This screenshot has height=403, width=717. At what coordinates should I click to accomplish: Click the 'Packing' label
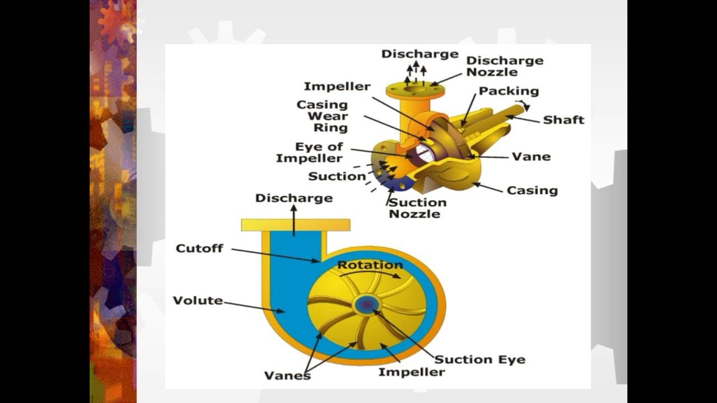pyautogui.click(x=509, y=91)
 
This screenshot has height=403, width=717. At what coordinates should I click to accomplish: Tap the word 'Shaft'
pyautogui.click(x=564, y=120)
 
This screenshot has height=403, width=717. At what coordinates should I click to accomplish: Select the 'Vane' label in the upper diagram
pyautogui.click(x=531, y=157)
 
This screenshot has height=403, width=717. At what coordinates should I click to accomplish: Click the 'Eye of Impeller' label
pyautogui.click(x=317, y=153)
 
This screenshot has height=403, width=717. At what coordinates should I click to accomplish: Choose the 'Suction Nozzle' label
pyautogui.click(x=417, y=208)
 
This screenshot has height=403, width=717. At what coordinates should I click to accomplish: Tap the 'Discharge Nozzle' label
pyautogui.click(x=505, y=66)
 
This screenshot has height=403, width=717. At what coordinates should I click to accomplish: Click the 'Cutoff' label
pyautogui.click(x=199, y=248)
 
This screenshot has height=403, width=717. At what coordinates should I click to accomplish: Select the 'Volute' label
pyautogui.click(x=198, y=301)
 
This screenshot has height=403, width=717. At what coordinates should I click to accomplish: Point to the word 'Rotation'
pyautogui.click(x=370, y=265)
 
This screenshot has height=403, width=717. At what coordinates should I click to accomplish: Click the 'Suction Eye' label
pyautogui.click(x=480, y=359)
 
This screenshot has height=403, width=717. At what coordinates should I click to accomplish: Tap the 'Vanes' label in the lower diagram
pyautogui.click(x=287, y=375)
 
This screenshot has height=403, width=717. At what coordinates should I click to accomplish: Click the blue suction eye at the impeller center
pyautogui.click(x=366, y=304)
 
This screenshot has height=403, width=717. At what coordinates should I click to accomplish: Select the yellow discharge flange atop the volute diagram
pyautogui.click(x=296, y=225)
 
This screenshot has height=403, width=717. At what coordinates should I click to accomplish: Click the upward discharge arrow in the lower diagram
pyautogui.click(x=294, y=219)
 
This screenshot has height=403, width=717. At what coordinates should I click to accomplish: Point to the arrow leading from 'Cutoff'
pyautogui.click(x=274, y=255)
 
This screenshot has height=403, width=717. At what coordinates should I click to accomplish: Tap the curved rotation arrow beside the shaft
pyautogui.click(x=523, y=105)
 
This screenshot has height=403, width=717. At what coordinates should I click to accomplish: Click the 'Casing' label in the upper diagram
pyautogui.click(x=532, y=190)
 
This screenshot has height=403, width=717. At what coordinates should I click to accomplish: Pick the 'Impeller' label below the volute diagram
pyautogui.click(x=411, y=372)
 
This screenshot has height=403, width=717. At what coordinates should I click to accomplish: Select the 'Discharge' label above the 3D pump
pyautogui.click(x=420, y=54)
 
